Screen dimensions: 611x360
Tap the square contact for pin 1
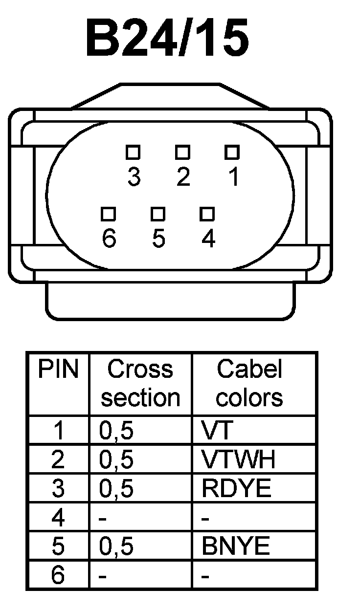coord(232,152)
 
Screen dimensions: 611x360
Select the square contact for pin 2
coord(182,152)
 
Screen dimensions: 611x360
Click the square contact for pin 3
coord(133,152)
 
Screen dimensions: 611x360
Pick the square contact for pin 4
coord(207,214)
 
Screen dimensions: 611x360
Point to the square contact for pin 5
coord(157,214)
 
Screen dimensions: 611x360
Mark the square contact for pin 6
coord(108,214)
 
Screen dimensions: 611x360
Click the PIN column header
coord(58,370)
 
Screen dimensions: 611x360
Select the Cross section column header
coord(140,384)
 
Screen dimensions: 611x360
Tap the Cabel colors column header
coord(249,384)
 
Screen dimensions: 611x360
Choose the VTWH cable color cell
coord(238,459)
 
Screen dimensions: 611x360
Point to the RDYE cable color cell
coord(236,488)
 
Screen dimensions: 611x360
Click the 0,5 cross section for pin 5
coord(116,546)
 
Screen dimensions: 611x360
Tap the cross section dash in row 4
coord(103,518)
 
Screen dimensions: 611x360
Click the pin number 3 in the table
coord(58,488)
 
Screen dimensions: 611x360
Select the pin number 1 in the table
coord(58,431)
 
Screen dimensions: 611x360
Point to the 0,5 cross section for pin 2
coord(116,459)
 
